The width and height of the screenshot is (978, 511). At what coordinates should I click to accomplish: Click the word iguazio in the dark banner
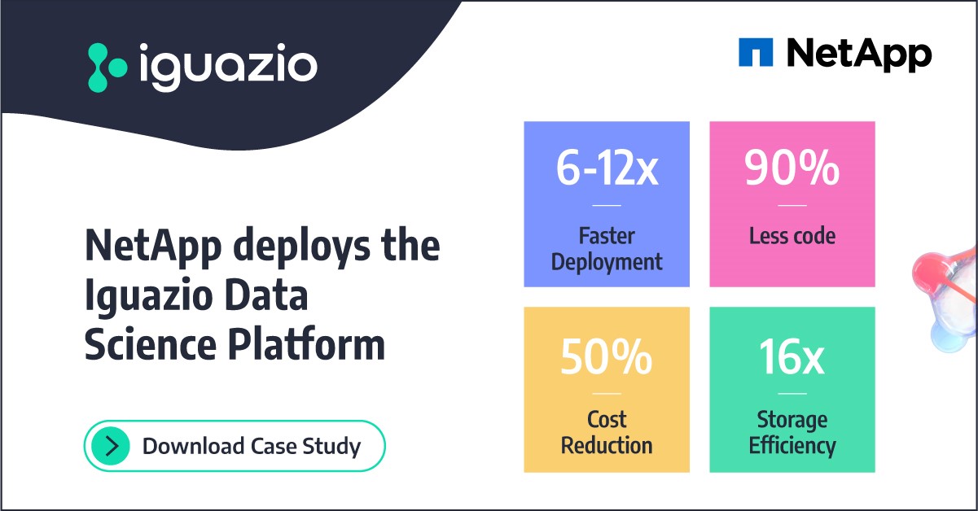pos(227,66)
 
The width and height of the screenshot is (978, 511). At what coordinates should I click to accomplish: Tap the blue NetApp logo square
pos(755,53)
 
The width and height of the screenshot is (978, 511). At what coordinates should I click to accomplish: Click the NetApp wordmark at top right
pos(859,54)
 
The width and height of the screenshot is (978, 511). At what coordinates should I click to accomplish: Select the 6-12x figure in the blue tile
pos(607,168)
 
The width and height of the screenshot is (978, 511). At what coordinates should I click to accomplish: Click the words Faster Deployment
pos(607,249)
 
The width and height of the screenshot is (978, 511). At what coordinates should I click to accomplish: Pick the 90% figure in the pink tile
pos(792,168)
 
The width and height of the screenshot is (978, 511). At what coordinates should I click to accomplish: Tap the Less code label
pos(792,236)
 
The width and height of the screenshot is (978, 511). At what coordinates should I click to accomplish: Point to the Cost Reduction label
pos(607,433)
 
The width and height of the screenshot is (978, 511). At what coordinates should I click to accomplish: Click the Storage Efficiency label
pos(792,433)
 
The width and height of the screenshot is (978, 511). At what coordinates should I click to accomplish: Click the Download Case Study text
pos(251,446)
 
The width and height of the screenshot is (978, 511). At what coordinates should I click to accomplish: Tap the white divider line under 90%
pos(792,206)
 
